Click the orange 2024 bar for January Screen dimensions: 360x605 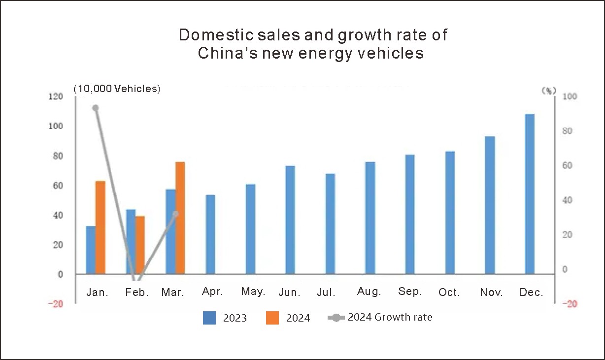[100, 227]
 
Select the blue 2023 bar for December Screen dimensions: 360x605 [530, 194]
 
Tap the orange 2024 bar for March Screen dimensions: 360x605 [180, 218]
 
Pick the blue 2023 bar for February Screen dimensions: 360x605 [131, 241]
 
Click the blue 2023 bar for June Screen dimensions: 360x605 [290, 220]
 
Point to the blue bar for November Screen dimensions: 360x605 [489, 205]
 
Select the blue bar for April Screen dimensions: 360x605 [210, 234]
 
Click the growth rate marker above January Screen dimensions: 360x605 [96, 108]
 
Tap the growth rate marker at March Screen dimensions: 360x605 [175, 214]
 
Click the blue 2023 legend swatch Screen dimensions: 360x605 [209, 318]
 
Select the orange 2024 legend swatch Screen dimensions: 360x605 [272, 318]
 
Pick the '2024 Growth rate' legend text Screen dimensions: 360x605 [390, 317]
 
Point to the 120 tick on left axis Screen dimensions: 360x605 [56, 97]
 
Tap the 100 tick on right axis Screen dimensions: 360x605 [568, 97]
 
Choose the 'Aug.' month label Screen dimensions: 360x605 [369, 292]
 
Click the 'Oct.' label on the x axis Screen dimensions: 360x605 [449, 293]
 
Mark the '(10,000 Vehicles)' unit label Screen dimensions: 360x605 [117, 89]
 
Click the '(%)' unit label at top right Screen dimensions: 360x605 [548, 90]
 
